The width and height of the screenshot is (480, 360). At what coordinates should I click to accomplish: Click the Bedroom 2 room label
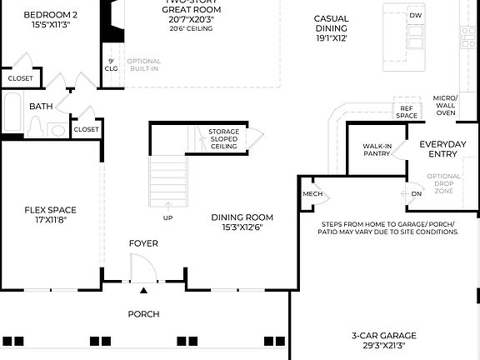point(51,15)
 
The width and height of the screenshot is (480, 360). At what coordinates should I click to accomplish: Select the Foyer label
point(143,243)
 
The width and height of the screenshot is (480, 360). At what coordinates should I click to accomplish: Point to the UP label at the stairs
point(167,217)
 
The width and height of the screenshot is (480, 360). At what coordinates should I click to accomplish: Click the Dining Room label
point(242,217)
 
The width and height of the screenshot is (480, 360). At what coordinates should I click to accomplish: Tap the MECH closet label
point(312,194)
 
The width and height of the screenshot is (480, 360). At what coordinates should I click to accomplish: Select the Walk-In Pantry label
point(377,149)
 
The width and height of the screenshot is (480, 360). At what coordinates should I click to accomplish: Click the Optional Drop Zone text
point(443,183)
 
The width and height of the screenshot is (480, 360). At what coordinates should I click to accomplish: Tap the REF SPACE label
point(407,112)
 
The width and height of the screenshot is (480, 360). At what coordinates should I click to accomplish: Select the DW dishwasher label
point(416,15)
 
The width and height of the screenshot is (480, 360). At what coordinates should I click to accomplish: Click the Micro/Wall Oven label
point(445,106)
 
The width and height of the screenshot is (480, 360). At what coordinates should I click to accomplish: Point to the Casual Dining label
point(331,23)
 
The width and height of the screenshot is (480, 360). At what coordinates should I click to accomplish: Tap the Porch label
point(143,314)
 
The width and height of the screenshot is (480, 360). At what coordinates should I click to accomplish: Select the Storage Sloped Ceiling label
point(223,139)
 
